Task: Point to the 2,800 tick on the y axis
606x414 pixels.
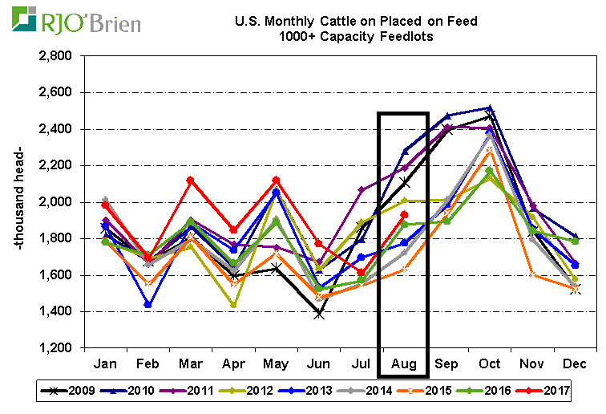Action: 54,56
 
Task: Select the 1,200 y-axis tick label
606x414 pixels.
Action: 54,348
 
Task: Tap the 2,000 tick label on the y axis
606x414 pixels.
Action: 54,202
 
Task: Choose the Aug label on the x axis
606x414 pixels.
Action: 404,363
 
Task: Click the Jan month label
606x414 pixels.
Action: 105,363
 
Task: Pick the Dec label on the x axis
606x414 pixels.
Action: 575,363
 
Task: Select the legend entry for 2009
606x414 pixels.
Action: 68,391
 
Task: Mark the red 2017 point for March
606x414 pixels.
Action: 191,181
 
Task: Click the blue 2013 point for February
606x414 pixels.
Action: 148,304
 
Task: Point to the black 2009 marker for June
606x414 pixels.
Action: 319,314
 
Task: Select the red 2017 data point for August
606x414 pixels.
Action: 404,215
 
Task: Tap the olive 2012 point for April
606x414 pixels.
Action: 233,305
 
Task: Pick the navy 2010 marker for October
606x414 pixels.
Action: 489,108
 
